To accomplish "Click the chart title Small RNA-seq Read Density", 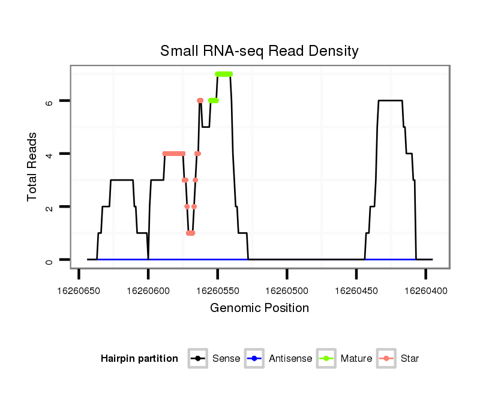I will (x=259, y=51).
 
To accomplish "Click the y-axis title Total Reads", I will (x=33, y=167).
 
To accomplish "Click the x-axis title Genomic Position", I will (x=259, y=308).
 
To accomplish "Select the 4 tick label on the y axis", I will (x=50, y=154).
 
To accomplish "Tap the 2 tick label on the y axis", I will (x=50, y=207).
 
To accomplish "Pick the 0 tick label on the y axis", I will (x=50, y=260).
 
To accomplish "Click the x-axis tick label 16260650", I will (x=79, y=290).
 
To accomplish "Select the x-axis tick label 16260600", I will (x=148, y=290).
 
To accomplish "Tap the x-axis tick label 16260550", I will (x=218, y=290).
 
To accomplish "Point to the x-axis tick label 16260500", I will (x=287, y=290).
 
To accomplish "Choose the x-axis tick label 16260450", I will (x=356, y=290).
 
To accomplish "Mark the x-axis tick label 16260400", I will (x=425, y=290).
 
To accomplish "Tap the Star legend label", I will (x=410, y=359).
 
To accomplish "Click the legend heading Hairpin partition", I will (x=139, y=359).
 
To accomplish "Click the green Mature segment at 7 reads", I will (x=224, y=74).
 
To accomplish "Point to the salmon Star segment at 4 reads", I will (x=173, y=154).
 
